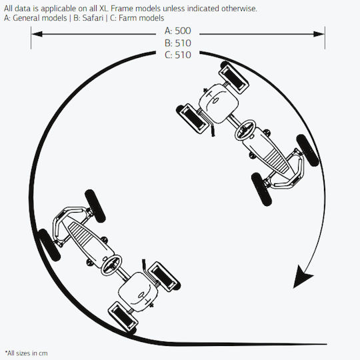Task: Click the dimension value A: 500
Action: tap(178, 31)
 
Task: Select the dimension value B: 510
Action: tap(178, 43)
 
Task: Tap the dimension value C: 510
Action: tap(178, 55)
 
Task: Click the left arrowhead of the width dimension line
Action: tap(37, 34)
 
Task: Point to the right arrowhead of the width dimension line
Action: tap(319, 34)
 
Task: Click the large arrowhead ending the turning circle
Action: tap(302, 276)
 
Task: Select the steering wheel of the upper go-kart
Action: tap(245, 130)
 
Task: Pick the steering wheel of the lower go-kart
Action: tap(111, 265)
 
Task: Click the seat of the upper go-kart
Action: tap(219, 103)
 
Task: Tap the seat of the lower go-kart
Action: tap(138, 291)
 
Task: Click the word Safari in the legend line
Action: tap(93, 18)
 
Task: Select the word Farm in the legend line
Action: tap(127, 18)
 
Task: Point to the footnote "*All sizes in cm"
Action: tap(27, 353)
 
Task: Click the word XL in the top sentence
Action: tap(104, 9)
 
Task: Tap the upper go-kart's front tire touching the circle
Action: tap(307, 151)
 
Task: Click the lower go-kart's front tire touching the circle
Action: tap(49, 245)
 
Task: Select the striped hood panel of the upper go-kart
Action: tap(277, 160)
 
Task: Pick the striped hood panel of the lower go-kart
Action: tap(81, 235)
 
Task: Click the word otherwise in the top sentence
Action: tap(239, 9)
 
